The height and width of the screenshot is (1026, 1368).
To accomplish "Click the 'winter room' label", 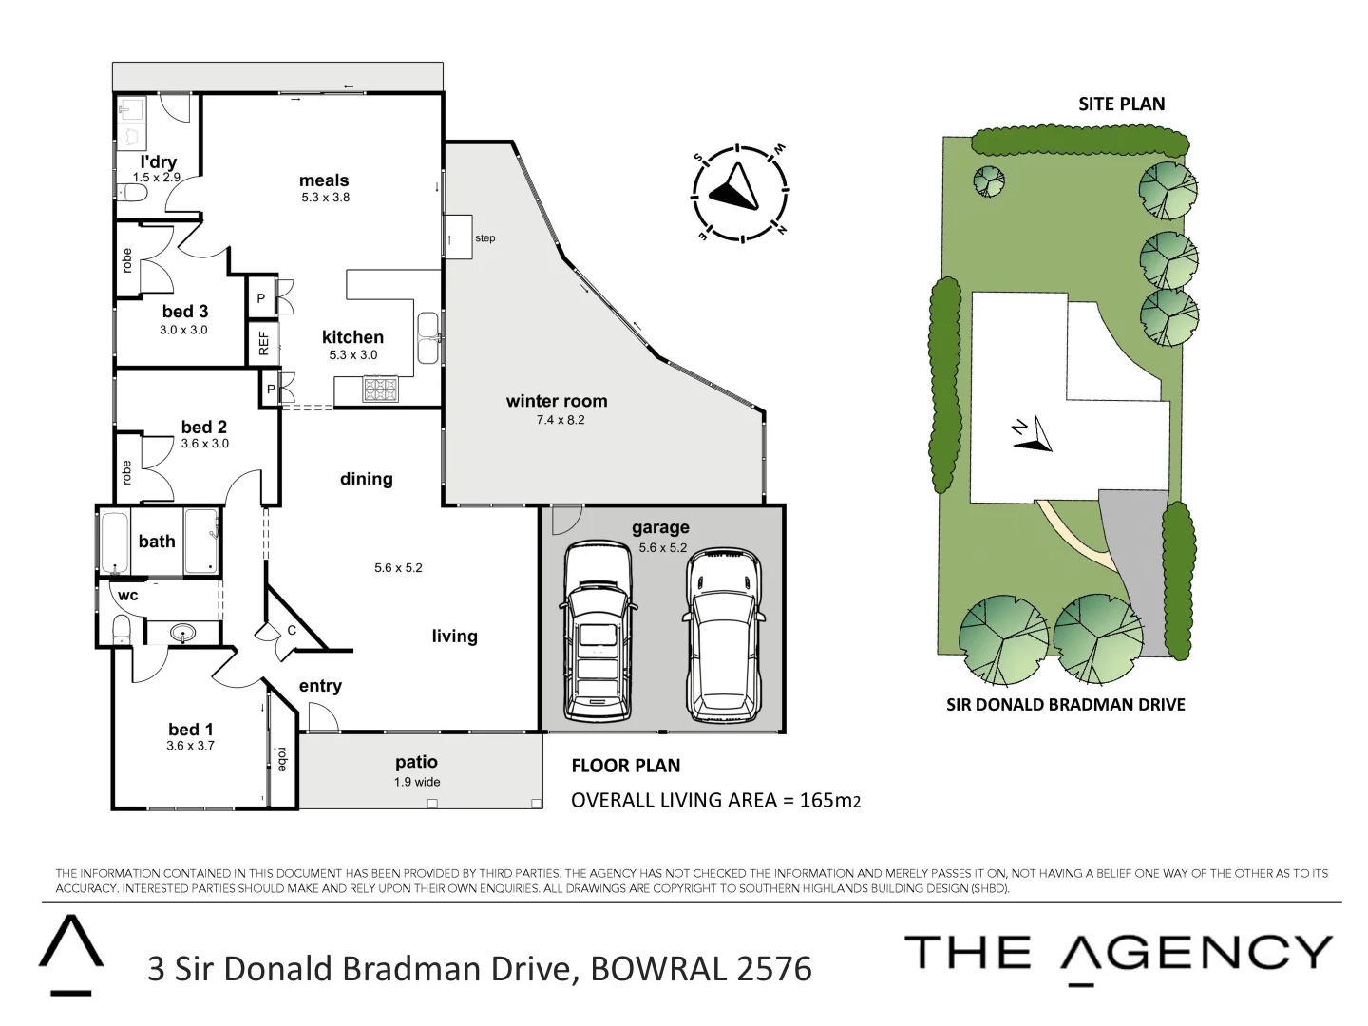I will pos(557,401).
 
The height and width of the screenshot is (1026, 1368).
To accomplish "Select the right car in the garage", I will pos(724,635).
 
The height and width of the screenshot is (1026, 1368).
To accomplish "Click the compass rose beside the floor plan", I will pos(738,194).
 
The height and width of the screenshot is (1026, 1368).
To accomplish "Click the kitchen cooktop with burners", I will pos(380,389).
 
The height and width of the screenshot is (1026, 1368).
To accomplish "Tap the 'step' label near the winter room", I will pos(484,238).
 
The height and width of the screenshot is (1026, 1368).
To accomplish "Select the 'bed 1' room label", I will pos(190,729).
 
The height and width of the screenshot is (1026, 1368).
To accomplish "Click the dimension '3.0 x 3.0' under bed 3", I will pos(183,330).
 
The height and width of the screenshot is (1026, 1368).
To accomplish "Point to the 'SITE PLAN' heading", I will pos(1121,104).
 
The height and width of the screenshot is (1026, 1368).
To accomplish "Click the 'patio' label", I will pos(416,762).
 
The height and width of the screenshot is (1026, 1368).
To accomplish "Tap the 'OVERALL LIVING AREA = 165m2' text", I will pos(715,800).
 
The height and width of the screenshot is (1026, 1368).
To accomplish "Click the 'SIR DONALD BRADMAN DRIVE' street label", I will pos(1065,704).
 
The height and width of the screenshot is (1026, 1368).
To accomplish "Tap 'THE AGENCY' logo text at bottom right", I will pos(1118,953).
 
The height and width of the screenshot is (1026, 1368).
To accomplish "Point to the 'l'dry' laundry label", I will pos(158,161).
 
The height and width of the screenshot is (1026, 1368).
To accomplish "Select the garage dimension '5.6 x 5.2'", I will pos(662,547).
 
